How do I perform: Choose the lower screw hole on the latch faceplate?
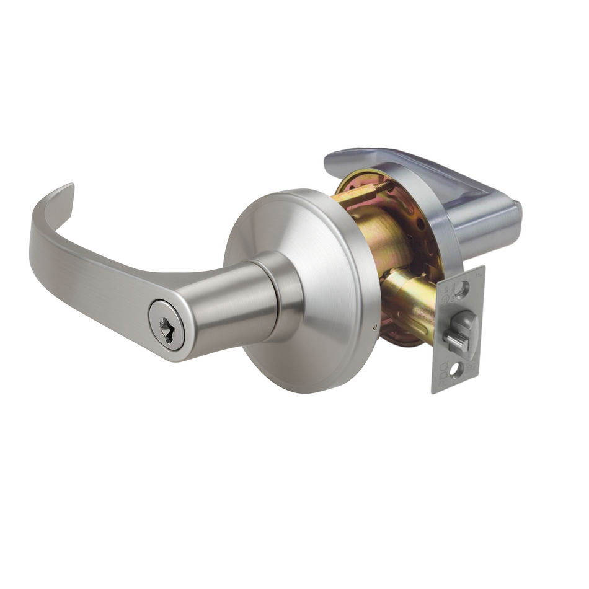(456, 370)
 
